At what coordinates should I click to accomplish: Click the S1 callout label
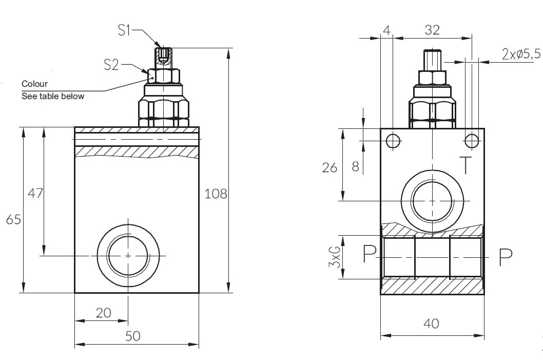[125, 30]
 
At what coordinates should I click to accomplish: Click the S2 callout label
[111, 64]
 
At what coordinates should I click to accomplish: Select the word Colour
[34, 84]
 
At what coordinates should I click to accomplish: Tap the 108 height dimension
[216, 194]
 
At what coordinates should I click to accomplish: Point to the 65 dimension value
[13, 220]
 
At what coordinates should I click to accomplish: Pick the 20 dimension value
[104, 313]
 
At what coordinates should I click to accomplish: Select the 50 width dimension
[132, 336]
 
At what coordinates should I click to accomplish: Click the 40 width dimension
[431, 324]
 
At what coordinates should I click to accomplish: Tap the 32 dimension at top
[432, 30]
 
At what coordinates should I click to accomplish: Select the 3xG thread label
[335, 256]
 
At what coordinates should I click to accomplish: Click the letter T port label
[465, 165]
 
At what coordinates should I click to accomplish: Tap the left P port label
[369, 254]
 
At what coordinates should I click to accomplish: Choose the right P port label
[506, 257]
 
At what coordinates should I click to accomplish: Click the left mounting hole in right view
[393, 140]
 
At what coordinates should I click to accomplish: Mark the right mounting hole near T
[472, 140]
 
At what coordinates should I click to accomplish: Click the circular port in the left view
[127, 255]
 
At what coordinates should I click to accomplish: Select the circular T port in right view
[432, 200]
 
